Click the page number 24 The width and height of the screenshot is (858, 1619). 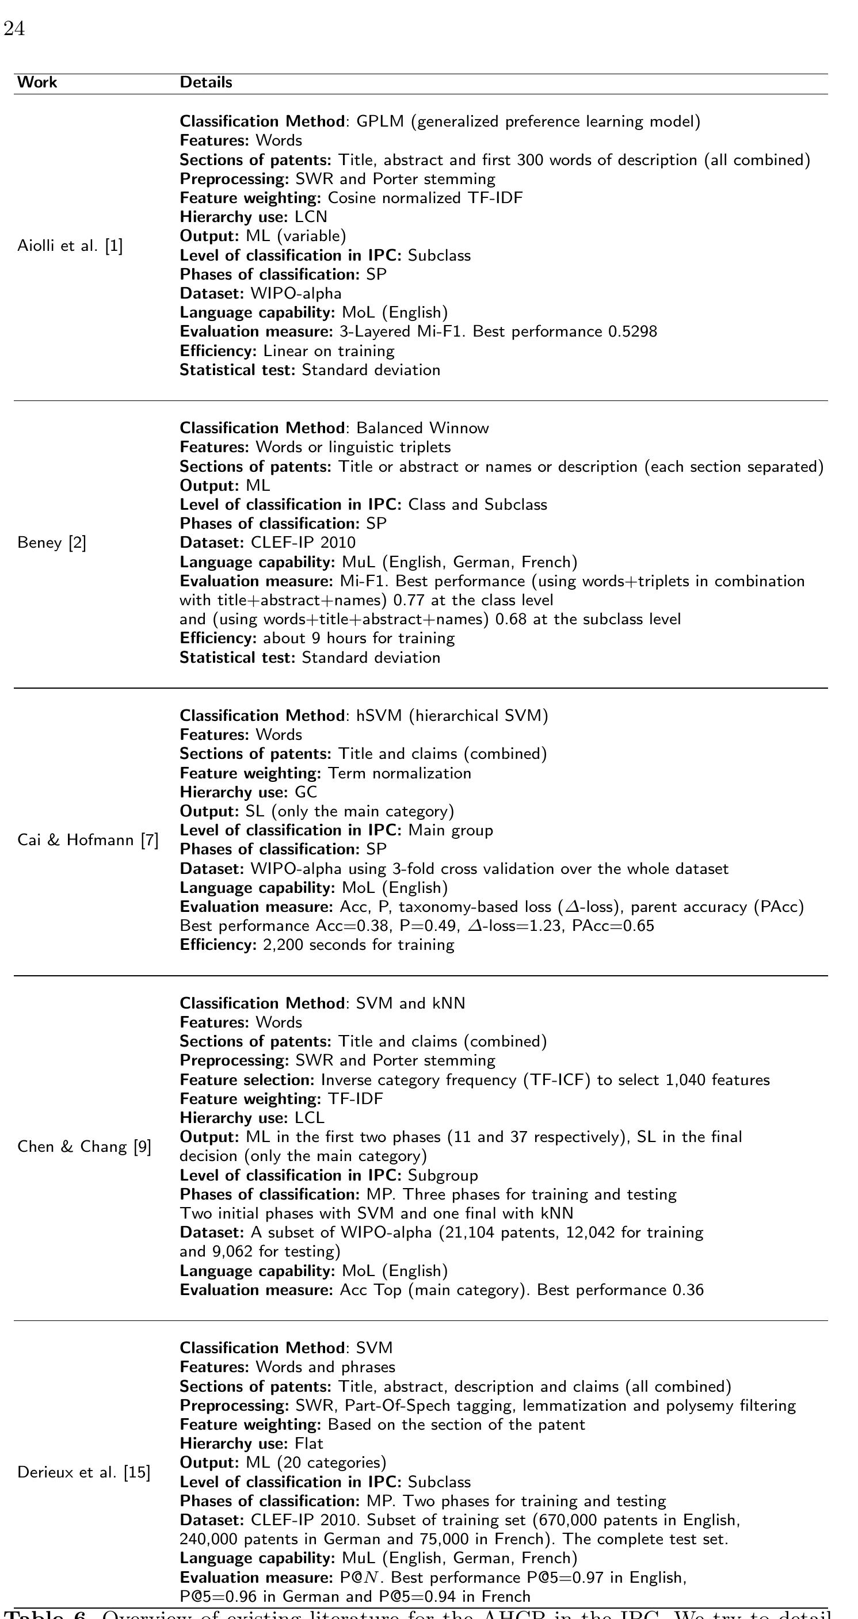(14, 29)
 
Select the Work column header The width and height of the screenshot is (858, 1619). (37, 82)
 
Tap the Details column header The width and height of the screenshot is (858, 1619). (205, 82)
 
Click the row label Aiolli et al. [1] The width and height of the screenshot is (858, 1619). (70, 246)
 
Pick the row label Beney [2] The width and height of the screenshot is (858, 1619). (52, 543)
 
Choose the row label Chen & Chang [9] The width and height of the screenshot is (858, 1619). (84, 1147)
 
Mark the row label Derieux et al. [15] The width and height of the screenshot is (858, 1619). (83, 1472)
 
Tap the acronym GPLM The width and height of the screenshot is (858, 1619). (380, 121)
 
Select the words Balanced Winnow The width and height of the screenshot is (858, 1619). (422, 428)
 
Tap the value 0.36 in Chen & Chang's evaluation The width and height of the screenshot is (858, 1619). (688, 1290)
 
